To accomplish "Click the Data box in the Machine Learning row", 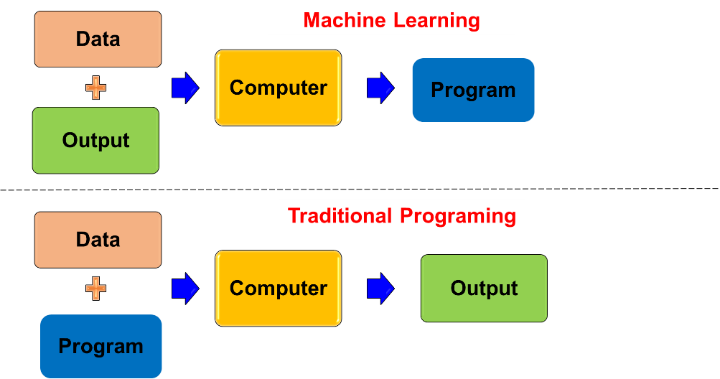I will [x=98, y=39].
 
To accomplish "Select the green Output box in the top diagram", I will [x=95, y=140].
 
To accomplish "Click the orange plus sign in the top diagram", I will [x=95, y=88].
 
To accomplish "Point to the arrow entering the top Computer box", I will [x=185, y=88].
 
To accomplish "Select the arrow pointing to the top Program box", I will [x=380, y=88].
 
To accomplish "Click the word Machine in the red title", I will [x=342, y=20].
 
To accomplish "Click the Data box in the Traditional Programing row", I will [x=98, y=240].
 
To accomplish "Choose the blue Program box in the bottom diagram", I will [x=100, y=346].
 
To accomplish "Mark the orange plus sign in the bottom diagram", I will [x=95, y=289].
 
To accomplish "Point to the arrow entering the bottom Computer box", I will [x=185, y=289].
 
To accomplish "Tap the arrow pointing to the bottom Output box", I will [x=380, y=289].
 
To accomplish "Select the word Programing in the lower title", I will [x=458, y=215].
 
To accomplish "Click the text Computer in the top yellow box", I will [x=278, y=88].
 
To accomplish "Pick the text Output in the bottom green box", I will [x=484, y=289].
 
